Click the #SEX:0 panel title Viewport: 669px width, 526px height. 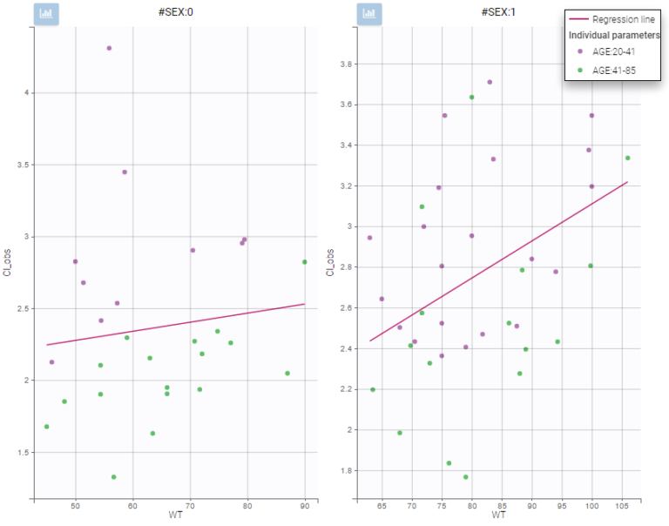[x=168, y=14]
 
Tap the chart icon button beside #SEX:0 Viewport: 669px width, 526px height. [x=46, y=15]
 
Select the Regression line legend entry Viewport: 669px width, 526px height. [x=615, y=19]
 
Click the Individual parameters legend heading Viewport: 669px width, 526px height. [x=614, y=36]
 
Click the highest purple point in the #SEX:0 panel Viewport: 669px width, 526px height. [x=109, y=48]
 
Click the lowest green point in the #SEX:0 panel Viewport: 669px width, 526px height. [x=114, y=477]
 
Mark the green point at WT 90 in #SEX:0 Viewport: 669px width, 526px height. [x=305, y=262]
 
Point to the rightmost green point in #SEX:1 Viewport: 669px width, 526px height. [x=627, y=158]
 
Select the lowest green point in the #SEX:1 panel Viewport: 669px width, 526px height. [x=466, y=477]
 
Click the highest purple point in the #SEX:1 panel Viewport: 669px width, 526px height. [x=490, y=82]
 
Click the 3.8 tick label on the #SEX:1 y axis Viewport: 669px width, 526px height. [x=345, y=64]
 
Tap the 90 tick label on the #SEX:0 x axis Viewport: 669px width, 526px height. [x=305, y=506]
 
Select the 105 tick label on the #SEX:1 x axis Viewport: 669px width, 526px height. [x=622, y=506]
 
